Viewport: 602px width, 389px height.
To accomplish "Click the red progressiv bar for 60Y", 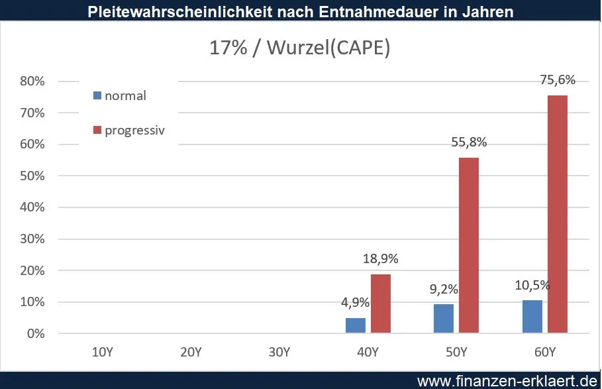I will [x=557, y=213].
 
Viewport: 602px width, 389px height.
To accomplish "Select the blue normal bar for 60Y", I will [x=532, y=317].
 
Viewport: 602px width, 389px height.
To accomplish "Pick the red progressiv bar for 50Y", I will [x=468, y=245].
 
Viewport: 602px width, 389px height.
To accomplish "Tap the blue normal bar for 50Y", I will [x=443, y=319].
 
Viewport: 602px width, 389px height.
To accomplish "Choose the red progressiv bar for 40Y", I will [x=379, y=304].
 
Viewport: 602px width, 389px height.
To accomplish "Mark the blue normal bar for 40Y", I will [x=355, y=325].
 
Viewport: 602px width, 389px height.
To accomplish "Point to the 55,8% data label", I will [x=468, y=142].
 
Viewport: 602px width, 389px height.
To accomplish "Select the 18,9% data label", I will [x=379, y=258].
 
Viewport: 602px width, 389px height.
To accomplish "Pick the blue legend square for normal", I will [x=98, y=95].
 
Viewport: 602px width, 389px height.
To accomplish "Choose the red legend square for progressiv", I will [x=98, y=130].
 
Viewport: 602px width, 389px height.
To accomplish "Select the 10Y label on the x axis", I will [x=101, y=351].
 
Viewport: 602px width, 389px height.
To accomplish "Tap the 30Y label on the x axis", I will [x=278, y=351].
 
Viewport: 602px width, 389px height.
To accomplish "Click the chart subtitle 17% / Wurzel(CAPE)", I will [x=300, y=49].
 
